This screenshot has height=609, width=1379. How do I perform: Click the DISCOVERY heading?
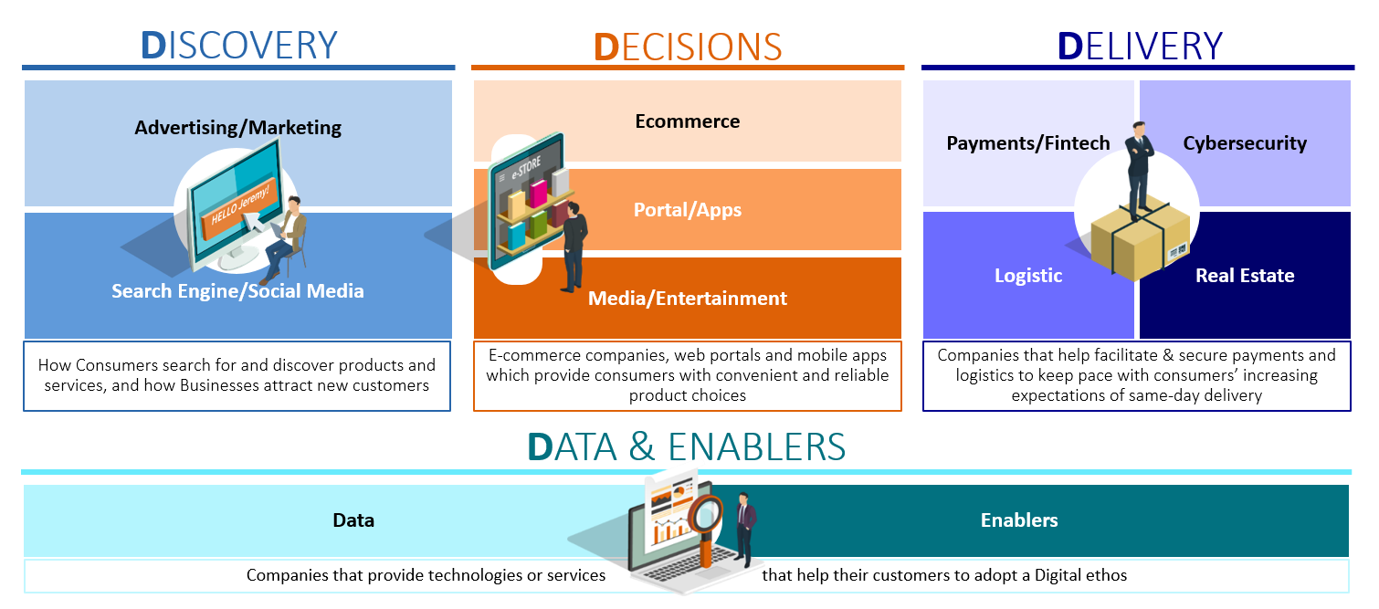coord(239,46)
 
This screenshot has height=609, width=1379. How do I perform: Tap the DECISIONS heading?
coord(688,47)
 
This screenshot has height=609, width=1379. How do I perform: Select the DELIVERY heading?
coord(1140,47)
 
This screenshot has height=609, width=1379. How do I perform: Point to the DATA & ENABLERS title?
coord(687,446)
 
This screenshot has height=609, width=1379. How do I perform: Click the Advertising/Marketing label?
coord(237,128)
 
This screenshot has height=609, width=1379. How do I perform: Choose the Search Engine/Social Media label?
coord(237,290)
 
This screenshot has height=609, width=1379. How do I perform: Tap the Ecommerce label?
coord(688,121)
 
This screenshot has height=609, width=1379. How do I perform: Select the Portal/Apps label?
coord(688,210)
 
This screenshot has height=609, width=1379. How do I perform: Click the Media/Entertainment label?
coord(688,298)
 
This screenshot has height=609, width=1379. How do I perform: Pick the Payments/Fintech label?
coord(1028,142)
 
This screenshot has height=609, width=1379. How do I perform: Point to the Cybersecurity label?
coord(1245,143)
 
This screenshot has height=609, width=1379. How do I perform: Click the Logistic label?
coord(1028,275)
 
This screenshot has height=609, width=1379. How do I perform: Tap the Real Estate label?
coord(1245,275)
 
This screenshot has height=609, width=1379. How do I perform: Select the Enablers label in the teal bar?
coord(1019,520)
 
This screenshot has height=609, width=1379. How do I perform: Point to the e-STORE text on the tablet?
coord(526,167)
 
